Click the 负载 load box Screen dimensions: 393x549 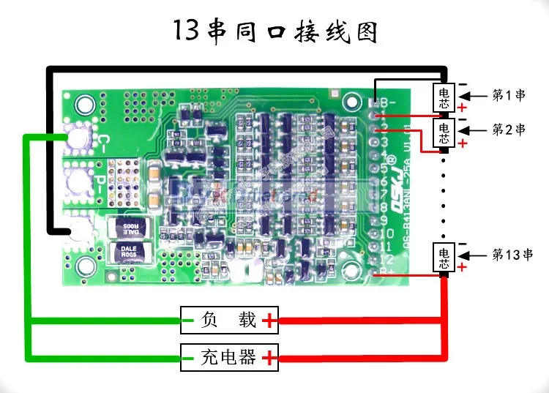coord(230,320)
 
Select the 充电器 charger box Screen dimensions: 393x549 coord(230,357)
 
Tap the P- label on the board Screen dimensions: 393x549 coord(103,180)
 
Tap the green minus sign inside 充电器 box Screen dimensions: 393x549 coord(190,357)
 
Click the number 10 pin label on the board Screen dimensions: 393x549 coord(384,233)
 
